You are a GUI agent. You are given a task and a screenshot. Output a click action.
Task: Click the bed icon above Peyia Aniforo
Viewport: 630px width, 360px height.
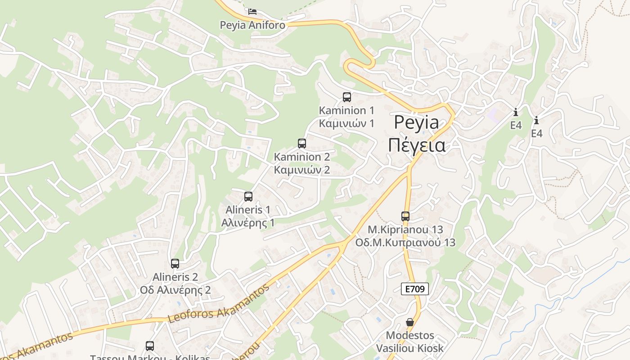[x=252, y=11]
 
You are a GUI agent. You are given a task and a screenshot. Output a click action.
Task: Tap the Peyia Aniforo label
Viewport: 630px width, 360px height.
[x=252, y=25]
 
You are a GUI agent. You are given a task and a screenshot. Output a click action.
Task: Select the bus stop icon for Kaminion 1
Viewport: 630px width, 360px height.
[x=347, y=97]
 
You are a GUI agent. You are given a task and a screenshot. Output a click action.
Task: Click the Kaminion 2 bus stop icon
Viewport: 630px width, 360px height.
[x=302, y=144]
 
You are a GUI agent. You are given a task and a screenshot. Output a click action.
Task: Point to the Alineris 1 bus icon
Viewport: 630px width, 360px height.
[x=248, y=196]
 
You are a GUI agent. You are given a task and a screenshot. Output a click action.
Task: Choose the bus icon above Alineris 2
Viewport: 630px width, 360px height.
[x=175, y=264]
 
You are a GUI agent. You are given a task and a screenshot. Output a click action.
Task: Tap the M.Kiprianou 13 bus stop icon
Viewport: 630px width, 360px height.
[x=405, y=216]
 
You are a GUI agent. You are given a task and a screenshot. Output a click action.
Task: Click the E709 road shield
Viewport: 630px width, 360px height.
[x=414, y=289]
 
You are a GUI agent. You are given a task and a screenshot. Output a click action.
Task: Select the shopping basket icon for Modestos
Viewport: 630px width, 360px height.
[x=410, y=322]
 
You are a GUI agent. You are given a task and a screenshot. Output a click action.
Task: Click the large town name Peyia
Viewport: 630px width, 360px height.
[x=416, y=122]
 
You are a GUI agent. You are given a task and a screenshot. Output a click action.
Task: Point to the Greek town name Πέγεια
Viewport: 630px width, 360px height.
[x=416, y=145]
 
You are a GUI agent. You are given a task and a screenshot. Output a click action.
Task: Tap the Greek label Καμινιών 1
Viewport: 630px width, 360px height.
[x=346, y=123]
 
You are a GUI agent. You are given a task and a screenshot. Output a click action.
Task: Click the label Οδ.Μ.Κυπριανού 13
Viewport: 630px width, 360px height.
[x=405, y=243]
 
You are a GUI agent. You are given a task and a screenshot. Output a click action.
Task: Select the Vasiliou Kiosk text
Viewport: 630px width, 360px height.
[x=409, y=348]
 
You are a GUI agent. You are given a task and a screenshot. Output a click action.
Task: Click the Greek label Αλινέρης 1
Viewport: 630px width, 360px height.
[x=248, y=223]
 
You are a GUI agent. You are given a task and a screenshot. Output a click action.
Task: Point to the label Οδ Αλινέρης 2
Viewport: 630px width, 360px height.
[x=175, y=290]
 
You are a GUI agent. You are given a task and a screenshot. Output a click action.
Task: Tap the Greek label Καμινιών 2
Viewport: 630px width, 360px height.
[x=302, y=170]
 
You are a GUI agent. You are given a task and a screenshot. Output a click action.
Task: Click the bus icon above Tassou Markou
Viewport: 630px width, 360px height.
[x=150, y=346]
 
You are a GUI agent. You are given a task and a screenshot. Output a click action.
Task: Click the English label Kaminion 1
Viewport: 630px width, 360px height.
[x=346, y=110]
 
